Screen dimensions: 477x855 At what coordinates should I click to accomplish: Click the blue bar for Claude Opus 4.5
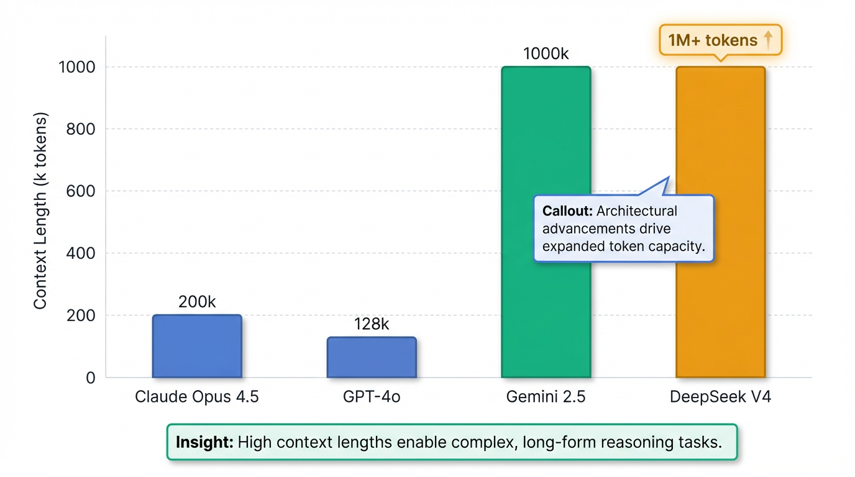(197, 346)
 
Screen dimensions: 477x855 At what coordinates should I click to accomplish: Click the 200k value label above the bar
(197, 302)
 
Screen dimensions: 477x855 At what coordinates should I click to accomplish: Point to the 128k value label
(372, 324)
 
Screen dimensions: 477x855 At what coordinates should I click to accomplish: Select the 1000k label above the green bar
(546, 54)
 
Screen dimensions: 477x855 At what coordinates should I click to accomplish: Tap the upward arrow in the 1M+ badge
(768, 40)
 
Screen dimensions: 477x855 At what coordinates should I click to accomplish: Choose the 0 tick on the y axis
(91, 378)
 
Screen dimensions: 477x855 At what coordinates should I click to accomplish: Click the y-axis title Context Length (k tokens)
(40, 211)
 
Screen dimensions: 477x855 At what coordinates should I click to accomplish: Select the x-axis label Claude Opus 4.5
(197, 397)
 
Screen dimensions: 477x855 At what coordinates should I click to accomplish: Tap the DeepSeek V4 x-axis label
(720, 397)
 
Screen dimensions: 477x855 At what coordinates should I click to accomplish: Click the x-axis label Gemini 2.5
(546, 397)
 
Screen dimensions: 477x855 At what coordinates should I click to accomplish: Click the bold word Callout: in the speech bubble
(567, 211)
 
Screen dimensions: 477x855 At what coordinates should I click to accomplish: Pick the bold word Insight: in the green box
(204, 442)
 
